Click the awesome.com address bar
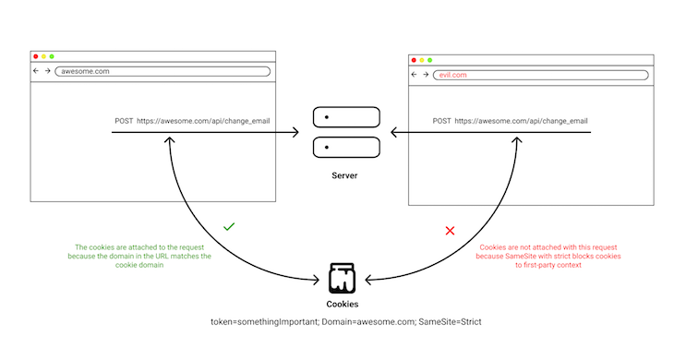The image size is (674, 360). click(x=162, y=71)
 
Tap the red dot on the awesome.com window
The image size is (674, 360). click(x=35, y=56)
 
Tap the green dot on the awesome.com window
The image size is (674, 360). click(x=53, y=56)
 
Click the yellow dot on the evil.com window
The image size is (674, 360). click(x=422, y=60)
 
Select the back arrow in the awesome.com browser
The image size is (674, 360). click(x=35, y=71)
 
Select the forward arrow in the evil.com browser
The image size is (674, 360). click(x=425, y=75)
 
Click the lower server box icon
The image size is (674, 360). click(x=346, y=147)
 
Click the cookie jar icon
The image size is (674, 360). click(x=343, y=276)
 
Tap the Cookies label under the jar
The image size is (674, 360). click(x=343, y=303)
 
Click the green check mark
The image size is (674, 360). click(x=229, y=226)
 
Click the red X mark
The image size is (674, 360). click(x=450, y=230)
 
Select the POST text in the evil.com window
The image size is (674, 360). click(x=442, y=121)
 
